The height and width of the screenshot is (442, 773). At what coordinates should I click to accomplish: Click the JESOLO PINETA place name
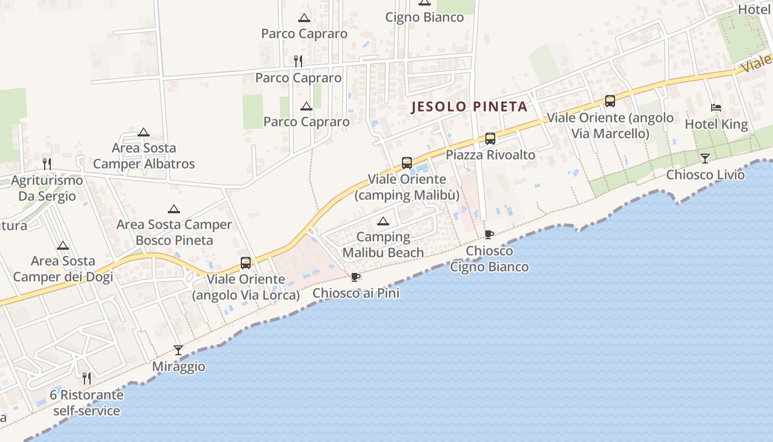(x=469, y=107)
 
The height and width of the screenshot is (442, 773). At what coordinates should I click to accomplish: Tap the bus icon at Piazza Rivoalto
(x=490, y=139)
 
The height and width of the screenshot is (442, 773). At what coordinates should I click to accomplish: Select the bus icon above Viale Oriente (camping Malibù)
(x=407, y=162)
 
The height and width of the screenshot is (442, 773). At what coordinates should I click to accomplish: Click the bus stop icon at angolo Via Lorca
(x=246, y=262)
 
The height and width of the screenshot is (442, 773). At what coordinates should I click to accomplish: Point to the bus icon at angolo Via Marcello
(x=610, y=101)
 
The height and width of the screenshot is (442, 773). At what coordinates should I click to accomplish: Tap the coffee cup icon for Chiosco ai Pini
(x=356, y=277)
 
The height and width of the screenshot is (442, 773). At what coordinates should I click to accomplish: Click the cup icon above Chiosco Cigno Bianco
(x=489, y=234)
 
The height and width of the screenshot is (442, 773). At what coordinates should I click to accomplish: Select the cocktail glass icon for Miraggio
(x=178, y=350)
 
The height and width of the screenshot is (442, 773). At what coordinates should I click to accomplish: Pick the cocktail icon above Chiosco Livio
(x=705, y=159)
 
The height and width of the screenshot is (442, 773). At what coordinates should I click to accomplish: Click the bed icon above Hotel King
(x=716, y=108)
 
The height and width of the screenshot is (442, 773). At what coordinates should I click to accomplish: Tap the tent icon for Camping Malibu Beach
(x=383, y=222)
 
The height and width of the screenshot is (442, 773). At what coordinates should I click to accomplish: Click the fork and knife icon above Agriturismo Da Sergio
(x=47, y=164)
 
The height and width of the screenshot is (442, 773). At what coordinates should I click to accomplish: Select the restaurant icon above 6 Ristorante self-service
(x=86, y=378)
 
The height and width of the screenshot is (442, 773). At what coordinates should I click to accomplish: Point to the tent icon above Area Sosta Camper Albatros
(x=144, y=132)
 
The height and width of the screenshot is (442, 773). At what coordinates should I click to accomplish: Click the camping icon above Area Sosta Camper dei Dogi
(x=63, y=245)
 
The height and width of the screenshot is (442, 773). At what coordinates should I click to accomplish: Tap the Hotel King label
(x=716, y=124)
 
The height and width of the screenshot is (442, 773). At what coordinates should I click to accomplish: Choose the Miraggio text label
(x=178, y=366)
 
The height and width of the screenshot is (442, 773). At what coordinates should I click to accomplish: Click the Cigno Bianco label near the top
(x=424, y=17)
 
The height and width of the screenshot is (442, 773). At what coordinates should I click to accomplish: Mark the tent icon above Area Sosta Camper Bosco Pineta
(x=174, y=209)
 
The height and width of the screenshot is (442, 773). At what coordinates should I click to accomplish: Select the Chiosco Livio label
(x=705, y=175)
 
